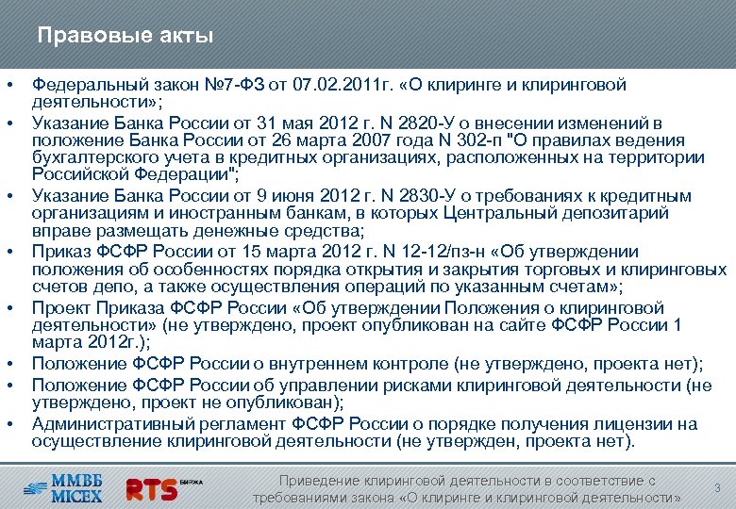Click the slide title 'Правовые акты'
125,37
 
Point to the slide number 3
717,488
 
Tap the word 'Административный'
106,424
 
